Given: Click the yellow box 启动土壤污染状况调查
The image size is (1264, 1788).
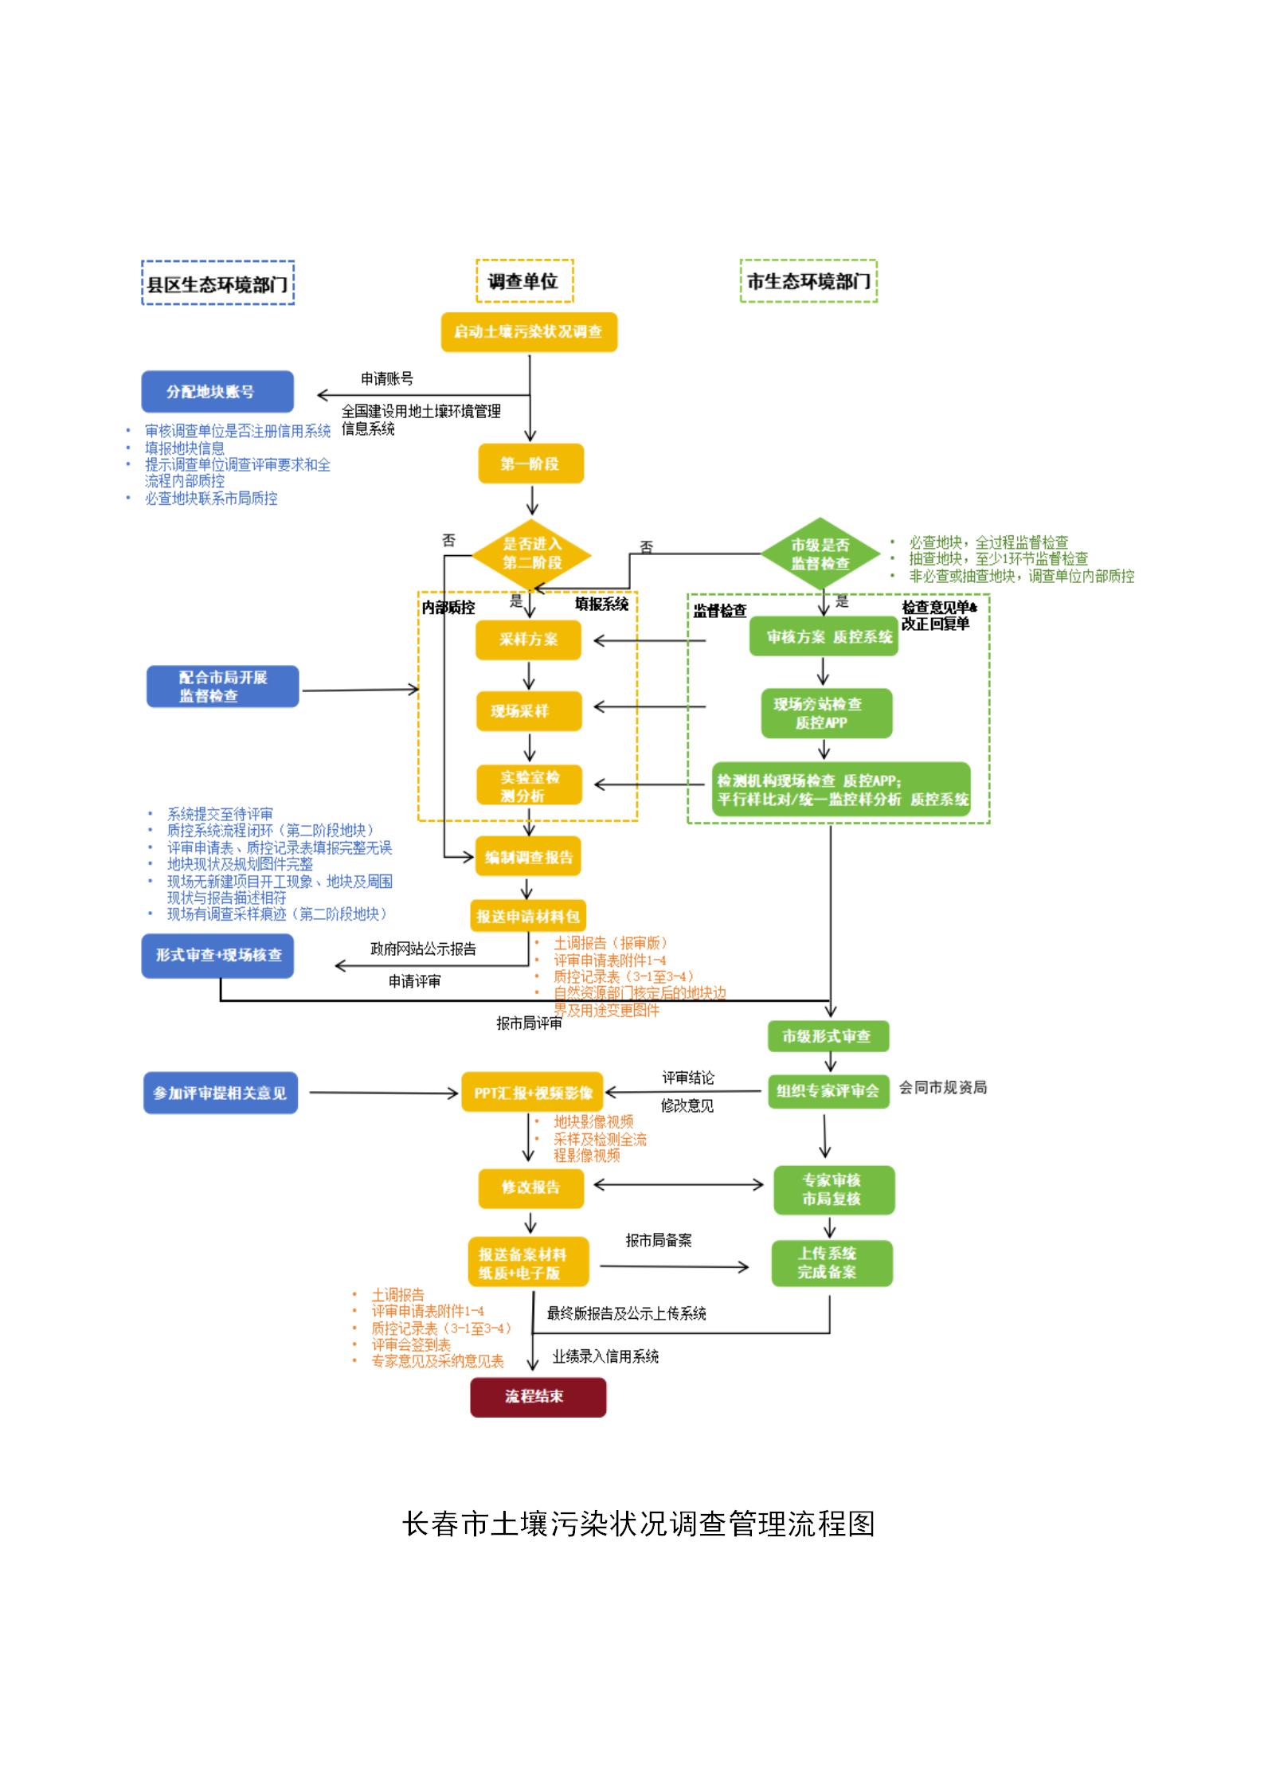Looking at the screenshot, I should click(x=529, y=332).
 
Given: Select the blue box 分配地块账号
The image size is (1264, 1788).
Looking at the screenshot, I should click(x=217, y=392).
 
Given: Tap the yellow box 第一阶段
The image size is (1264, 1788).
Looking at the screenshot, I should click(x=530, y=464).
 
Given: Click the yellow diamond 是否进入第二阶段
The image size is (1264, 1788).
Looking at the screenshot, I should click(x=531, y=554).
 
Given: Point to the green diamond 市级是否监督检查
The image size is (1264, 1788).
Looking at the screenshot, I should click(x=820, y=554).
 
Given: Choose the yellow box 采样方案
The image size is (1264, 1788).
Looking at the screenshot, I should click(x=528, y=640).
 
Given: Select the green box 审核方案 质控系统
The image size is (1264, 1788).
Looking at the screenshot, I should click(x=824, y=636).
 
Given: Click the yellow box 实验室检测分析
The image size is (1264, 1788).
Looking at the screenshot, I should click(x=529, y=785).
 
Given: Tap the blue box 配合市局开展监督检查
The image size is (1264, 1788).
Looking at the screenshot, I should click(x=222, y=687).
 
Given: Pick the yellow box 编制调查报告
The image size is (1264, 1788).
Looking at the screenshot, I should click(x=528, y=858).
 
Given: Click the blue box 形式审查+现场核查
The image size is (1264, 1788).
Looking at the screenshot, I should click(x=217, y=955).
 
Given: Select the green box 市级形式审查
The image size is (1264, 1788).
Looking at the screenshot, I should click(x=828, y=1036).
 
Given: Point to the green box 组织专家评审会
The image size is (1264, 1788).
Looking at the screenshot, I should click(x=828, y=1091).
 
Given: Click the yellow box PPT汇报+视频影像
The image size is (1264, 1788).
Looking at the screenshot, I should click(x=533, y=1094).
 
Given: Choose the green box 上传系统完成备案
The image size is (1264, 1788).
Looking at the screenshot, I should click(x=831, y=1263).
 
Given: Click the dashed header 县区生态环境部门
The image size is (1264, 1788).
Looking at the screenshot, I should click(x=217, y=284).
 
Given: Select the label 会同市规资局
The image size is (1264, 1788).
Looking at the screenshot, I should click(x=942, y=1088).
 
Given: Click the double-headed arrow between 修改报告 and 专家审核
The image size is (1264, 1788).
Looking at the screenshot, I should click(x=679, y=1185).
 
